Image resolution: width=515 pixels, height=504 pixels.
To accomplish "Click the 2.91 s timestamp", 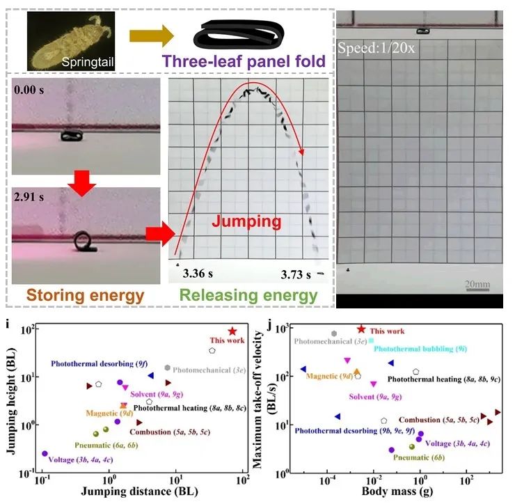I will [31, 198].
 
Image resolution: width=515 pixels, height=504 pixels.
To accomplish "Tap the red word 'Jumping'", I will [246, 222].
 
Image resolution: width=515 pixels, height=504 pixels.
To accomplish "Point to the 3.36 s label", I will [198, 273].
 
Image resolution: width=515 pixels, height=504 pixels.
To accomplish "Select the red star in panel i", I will [232, 332].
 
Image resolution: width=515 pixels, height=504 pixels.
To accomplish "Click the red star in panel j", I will [361, 329].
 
